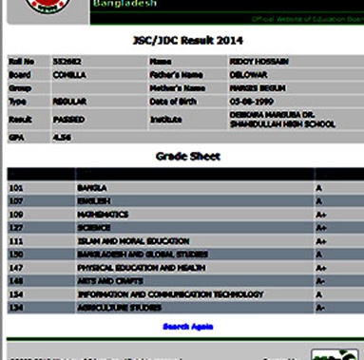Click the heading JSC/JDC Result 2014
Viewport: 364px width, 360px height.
187,41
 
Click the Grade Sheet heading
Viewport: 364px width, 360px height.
187,156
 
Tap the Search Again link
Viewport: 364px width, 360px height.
187,326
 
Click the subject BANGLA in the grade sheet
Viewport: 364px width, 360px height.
92,188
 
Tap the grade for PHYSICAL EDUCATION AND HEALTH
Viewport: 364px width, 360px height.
320,268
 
